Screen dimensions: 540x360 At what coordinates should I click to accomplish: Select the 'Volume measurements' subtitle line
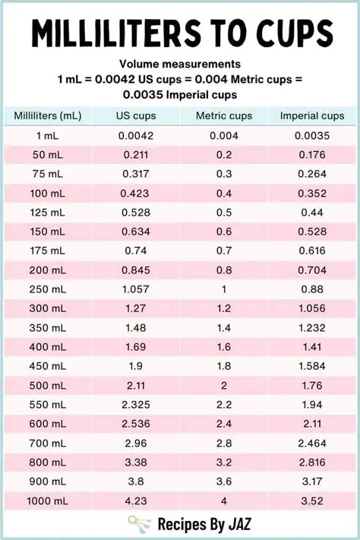[x=180, y=65]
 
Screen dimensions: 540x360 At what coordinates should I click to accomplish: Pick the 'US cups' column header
[x=136, y=116]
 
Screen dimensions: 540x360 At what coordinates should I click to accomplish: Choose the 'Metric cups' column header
[x=224, y=116]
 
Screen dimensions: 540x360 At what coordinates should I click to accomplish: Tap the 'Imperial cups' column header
[x=312, y=116]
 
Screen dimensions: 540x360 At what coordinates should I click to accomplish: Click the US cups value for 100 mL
[x=136, y=194]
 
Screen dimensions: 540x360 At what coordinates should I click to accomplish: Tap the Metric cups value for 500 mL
[x=224, y=385]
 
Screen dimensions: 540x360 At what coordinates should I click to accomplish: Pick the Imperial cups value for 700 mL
[x=312, y=443]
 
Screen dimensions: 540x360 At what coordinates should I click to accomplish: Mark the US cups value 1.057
[x=136, y=289]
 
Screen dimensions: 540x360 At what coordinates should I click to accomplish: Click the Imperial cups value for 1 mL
[x=312, y=136]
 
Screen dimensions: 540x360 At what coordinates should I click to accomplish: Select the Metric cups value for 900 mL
[x=224, y=482]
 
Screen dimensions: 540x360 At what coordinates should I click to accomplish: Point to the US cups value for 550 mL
[x=136, y=405]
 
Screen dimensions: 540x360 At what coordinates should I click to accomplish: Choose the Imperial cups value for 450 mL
[x=312, y=366]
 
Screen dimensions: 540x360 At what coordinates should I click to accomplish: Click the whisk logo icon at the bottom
[x=139, y=524]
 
